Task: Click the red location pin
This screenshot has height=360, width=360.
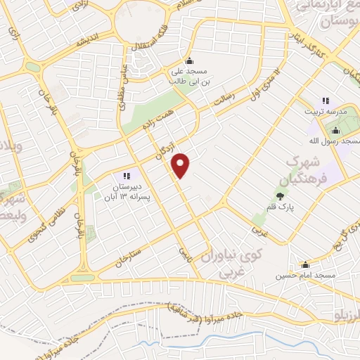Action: [181, 165]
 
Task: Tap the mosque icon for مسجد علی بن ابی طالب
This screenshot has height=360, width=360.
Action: [188, 60]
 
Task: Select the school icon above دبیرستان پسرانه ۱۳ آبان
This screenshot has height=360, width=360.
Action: [127, 176]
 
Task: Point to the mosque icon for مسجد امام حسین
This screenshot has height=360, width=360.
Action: [305, 265]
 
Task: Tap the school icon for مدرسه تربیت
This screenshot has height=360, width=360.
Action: [326, 101]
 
